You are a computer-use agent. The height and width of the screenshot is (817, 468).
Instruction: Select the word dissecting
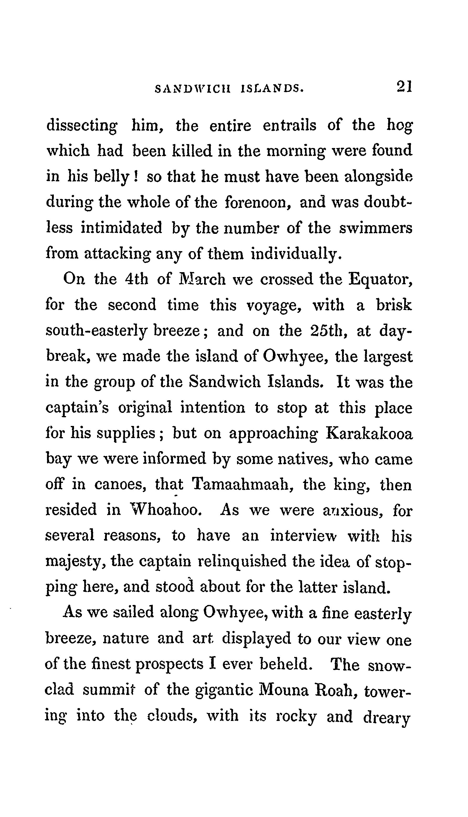(82, 126)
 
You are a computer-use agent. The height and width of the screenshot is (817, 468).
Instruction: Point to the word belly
(112, 177)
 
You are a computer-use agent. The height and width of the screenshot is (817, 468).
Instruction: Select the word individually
(295, 254)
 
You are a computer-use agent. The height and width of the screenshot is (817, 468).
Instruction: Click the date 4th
(136, 279)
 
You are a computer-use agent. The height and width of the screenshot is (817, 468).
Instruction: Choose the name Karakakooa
(369, 434)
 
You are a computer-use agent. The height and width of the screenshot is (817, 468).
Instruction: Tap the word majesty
(76, 562)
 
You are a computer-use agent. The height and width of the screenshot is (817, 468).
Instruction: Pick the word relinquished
(242, 562)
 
